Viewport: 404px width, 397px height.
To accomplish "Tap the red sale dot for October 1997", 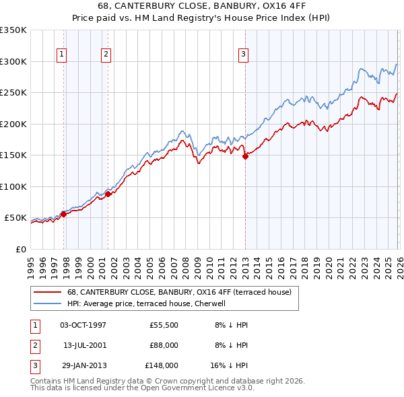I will tap(63, 214).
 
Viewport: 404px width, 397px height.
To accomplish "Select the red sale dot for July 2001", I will tap(108, 194).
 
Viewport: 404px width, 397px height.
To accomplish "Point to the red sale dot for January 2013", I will tap(245, 156).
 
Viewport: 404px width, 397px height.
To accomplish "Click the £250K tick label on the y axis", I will tap(13, 93).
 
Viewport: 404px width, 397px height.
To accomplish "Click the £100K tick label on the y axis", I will tap(13, 186).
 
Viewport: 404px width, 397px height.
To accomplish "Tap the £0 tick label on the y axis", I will tap(20, 249).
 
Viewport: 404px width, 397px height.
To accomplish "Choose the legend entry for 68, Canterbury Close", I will tap(178, 292).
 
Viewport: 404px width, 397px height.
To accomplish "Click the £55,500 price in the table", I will tap(164, 325).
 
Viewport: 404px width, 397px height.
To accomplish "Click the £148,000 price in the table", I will tap(162, 365).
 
